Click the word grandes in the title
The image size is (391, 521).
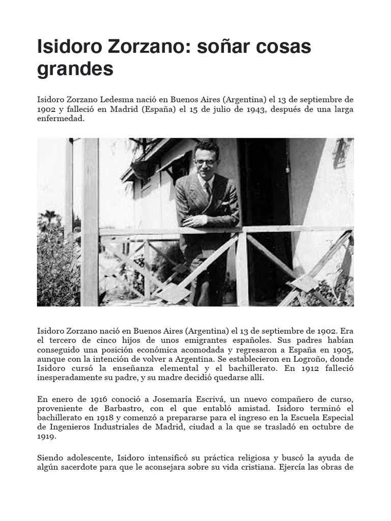coord(75,69)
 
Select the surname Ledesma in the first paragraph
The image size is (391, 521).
coord(118,99)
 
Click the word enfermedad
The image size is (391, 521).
coord(59,119)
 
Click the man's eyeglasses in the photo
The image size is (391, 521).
coord(205,162)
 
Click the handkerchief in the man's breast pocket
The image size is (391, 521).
coord(224,202)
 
